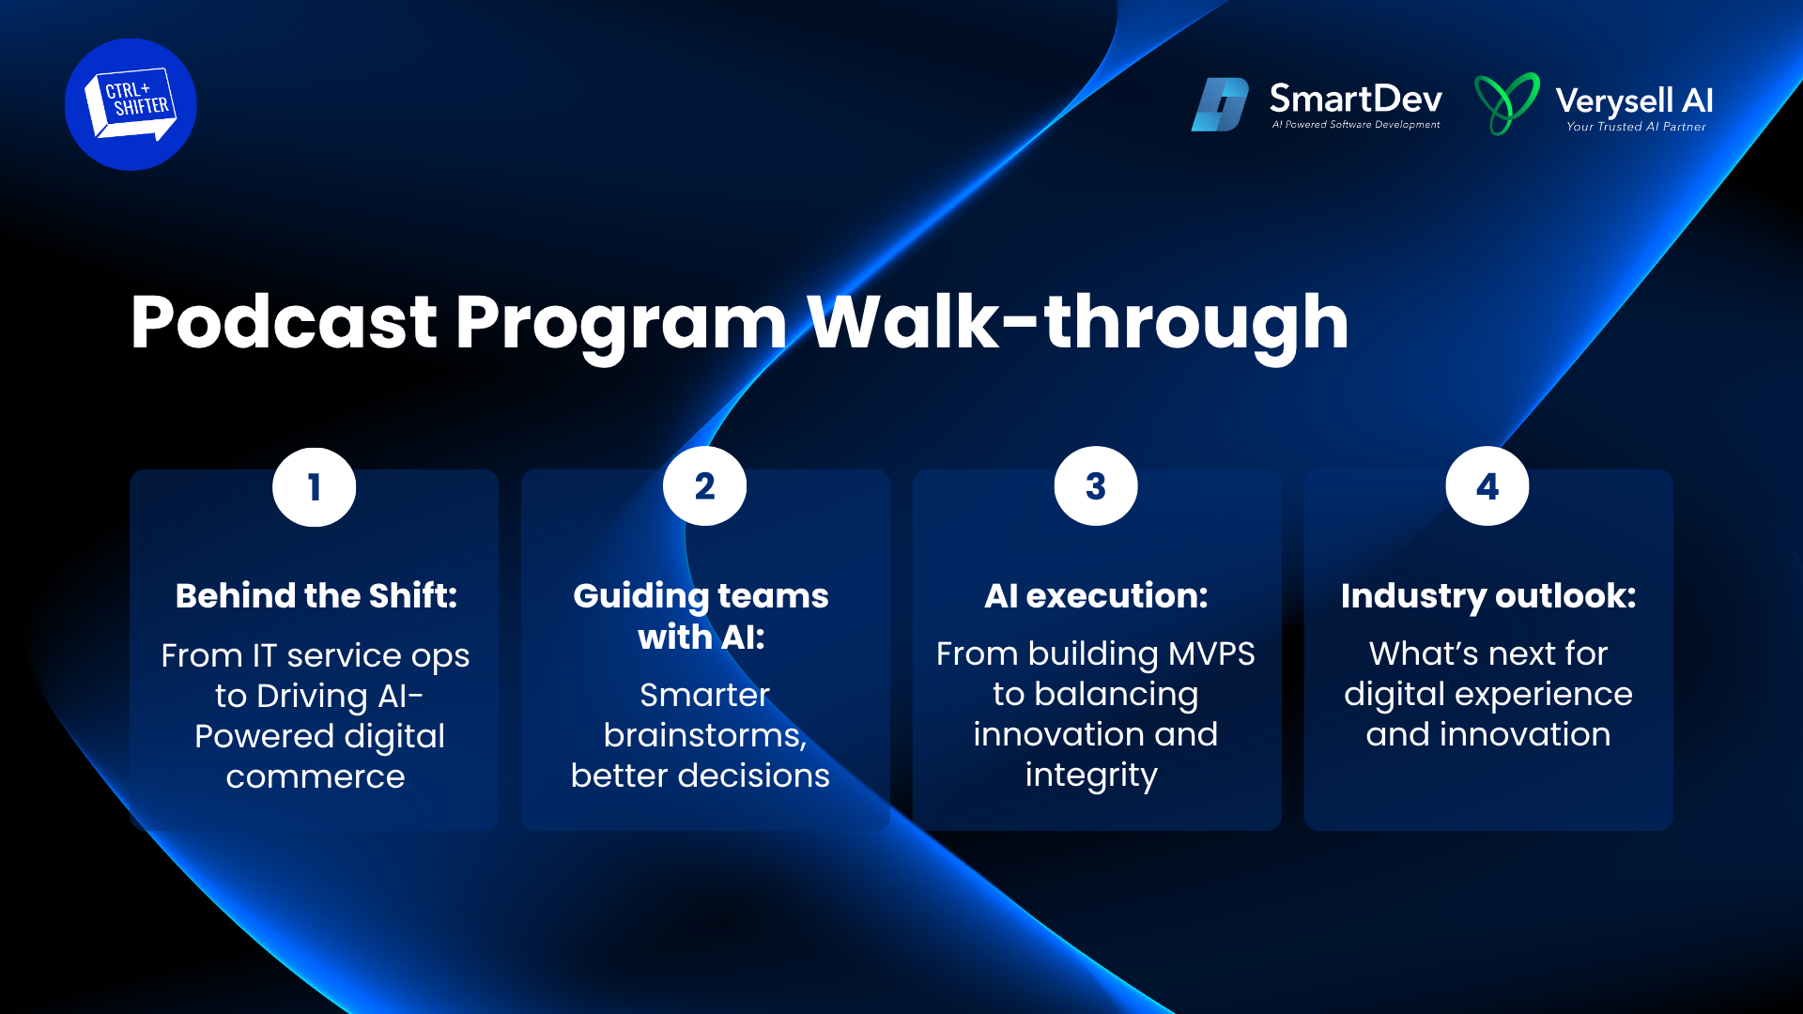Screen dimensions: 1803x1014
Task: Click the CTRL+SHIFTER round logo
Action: click(x=131, y=104)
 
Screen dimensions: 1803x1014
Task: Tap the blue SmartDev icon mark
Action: click(x=1220, y=104)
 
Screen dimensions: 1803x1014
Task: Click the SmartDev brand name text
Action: click(x=1355, y=99)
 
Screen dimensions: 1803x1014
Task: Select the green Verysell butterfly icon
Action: click(x=1507, y=103)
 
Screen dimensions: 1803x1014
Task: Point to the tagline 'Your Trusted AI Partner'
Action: click(x=1636, y=127)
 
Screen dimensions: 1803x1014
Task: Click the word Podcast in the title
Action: click(x=284, y=322)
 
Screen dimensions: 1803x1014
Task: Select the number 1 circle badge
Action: click(x=314, y=486)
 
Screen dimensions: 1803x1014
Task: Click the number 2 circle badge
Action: click(x=704, y=486)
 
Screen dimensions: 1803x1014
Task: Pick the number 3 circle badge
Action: click(x=1096, y=486)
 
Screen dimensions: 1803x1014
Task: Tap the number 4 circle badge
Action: click(x=1487, y=486)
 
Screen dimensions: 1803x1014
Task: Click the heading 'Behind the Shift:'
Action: click(x=316, y=595)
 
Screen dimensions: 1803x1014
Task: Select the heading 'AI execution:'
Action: click(x=1096, y=595)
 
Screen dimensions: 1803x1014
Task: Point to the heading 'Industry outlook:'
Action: click(x=1488, y=597)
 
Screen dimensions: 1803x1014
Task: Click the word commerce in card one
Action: click(x=316, y=777)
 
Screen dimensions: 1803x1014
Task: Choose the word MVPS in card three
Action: click(x=1211, y=653)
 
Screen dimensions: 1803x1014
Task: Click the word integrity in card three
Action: click(x=1091, y=776)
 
